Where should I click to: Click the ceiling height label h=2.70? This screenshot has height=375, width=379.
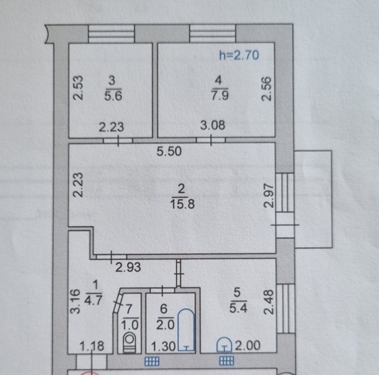(239, 56)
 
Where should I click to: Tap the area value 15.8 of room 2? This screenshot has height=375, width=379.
(182, 204)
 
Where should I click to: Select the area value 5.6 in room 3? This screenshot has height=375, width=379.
(113, 96)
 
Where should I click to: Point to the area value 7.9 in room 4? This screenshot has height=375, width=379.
(220, 95)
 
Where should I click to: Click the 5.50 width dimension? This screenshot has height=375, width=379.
(169, 152)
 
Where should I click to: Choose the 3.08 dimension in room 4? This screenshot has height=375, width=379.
(213, 126)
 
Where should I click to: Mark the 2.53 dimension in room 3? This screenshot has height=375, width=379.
(78, 88)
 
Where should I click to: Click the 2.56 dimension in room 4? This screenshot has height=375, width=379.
(267, 89)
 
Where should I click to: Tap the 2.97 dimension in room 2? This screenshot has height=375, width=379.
(268, 195)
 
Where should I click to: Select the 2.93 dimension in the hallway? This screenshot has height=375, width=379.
(128, 267)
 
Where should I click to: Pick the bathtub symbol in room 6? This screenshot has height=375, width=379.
(186, 330)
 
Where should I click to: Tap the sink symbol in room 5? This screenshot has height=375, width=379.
(225, 344)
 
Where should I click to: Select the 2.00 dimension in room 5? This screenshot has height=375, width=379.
(248, 346)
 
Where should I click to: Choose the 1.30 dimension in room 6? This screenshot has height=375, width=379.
(163, 346)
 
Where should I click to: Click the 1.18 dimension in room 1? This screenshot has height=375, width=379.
(92, 346)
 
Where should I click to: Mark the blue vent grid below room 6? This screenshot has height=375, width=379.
(152, 361)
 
